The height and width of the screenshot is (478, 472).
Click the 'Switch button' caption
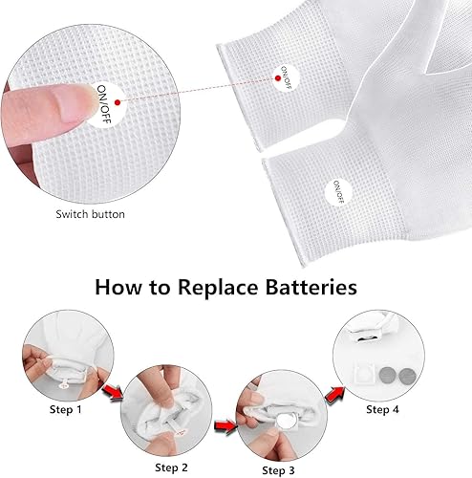(x=89, y=214)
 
